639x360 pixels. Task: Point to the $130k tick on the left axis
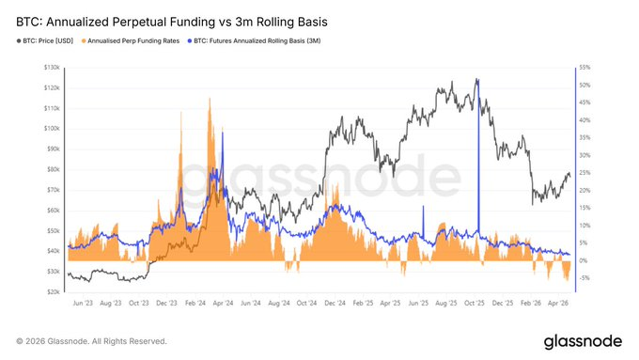[x=52, y=68]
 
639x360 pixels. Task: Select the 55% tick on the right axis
[x=584, y=68]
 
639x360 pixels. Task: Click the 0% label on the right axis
[x=582, y=260]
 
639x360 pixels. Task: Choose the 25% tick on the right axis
[x=584, y=173]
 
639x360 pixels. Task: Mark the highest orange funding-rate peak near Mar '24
[x=209, y=100]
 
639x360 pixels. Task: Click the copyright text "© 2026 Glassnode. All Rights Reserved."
[x=91, y=340]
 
